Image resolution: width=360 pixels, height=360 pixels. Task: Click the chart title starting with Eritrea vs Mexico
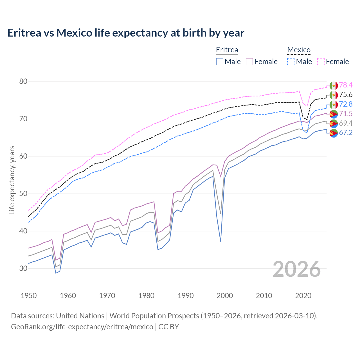pyautogui.click(x=126, y=33)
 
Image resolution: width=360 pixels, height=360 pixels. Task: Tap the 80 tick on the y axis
pyautogui.click(x=23, y=82)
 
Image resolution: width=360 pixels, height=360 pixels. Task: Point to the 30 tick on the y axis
pyautogui.click(x=23, y=268)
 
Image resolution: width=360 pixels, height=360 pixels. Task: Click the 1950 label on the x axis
pyautogui.click(x=29, y=296)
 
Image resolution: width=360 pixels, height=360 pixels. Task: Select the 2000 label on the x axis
pyautogui.click(x=225, y=296)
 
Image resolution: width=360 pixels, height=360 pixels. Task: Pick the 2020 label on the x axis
pyautogui.click(x=303, y=296)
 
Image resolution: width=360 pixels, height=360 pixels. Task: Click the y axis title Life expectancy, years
pyautogui.click(x=12, y=180)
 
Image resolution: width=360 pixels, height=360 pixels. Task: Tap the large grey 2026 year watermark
pyautogui.click(x=296, y=269)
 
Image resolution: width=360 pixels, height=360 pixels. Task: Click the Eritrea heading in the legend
pyautogui.click(x=227, y=50)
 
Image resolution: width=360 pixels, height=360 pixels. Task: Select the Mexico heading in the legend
pyautogui.click(x=299, y=50)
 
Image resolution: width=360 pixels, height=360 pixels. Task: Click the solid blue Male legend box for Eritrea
pyautogui.click(x=220, y=62)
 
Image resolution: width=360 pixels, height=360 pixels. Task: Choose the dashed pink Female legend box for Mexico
pyautogui.click(x=321, y=62)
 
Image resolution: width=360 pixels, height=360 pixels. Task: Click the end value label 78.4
pyautogui.click(x=346, y=85)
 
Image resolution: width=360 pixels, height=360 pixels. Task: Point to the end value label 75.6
pyautogui.click(x=346, y=94)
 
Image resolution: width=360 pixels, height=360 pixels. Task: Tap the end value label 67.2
pyautogui.click(x=346, y=133)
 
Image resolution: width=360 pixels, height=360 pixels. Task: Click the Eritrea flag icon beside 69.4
pyautogui.click(x=334, y=123)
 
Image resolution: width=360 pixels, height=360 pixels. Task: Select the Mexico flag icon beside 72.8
pyautogui.click(x=334, y=104)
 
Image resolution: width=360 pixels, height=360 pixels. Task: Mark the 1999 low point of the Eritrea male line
pyautogui.click(x=220, y=241)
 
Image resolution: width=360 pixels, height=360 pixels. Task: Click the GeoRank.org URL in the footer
pyautogui.click(x=82, y=327)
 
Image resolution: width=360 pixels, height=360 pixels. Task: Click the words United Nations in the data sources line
pyautogui.click(x=80, y=316)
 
